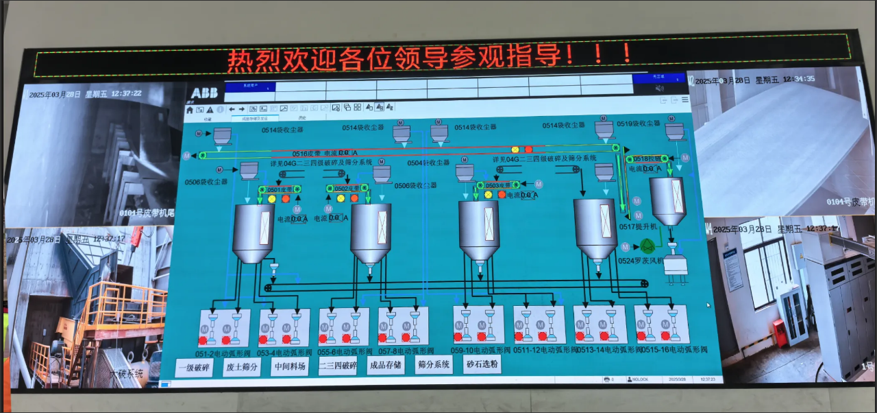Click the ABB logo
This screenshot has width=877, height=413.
(204, 93)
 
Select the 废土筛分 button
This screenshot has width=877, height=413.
(242, 367)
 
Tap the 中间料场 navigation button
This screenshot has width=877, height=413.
(288, 366)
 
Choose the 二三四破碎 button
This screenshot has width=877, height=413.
(338, 366)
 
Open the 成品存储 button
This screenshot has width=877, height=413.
(386, 365)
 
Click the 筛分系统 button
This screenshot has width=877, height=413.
(434, 364)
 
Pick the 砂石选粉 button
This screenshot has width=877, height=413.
(482, 364)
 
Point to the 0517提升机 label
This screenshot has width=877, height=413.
(638, 226)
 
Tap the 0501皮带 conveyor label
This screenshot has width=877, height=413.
(280, 189)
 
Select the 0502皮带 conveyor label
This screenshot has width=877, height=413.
(347, 188)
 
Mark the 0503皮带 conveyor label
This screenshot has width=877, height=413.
(498, 185)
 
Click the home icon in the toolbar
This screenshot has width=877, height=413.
(190, 109)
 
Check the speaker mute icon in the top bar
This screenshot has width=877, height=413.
(659, 88)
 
